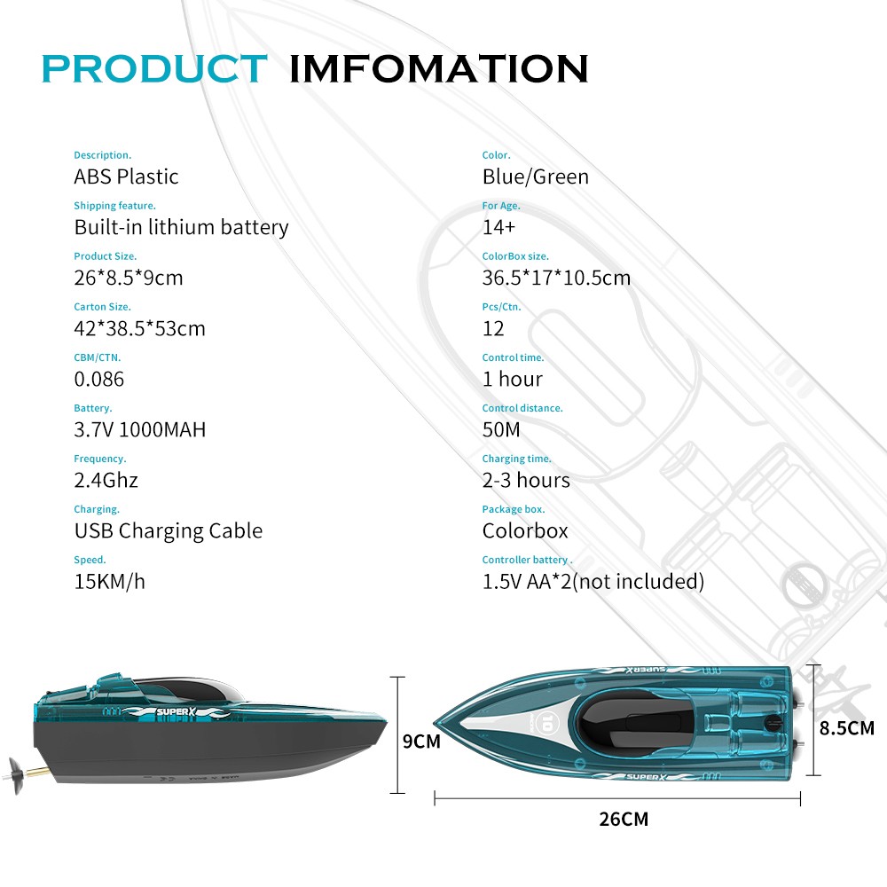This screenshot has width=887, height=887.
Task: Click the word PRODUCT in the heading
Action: (154, 69)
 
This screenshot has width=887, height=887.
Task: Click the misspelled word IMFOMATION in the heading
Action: (439, 69)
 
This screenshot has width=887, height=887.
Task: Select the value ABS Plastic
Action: (126, 177)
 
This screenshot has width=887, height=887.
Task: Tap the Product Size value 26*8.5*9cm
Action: (129, 278)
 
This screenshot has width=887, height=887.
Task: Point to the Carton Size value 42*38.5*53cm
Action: (140, 328)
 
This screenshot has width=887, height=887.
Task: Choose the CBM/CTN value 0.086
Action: (99, 379)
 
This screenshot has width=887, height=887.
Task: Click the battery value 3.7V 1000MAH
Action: (140, 429)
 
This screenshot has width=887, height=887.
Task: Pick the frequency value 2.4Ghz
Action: (106, 480)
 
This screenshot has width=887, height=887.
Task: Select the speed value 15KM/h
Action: (110, 582)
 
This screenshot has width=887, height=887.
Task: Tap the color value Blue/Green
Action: (535, 177)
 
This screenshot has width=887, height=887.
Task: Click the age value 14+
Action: (498, 227)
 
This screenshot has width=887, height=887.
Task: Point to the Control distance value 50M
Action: (501, 429)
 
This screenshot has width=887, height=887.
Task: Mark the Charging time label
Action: (516, 459)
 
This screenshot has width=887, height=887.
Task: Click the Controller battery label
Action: (527, 560)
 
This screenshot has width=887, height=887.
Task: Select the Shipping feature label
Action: (114, 206)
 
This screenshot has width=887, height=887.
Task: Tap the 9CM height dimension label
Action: (421, 741)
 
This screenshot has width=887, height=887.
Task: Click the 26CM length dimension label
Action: (624, 819)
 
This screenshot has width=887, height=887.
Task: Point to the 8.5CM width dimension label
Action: (847, 728)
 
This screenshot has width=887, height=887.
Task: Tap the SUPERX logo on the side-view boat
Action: (176, 711)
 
